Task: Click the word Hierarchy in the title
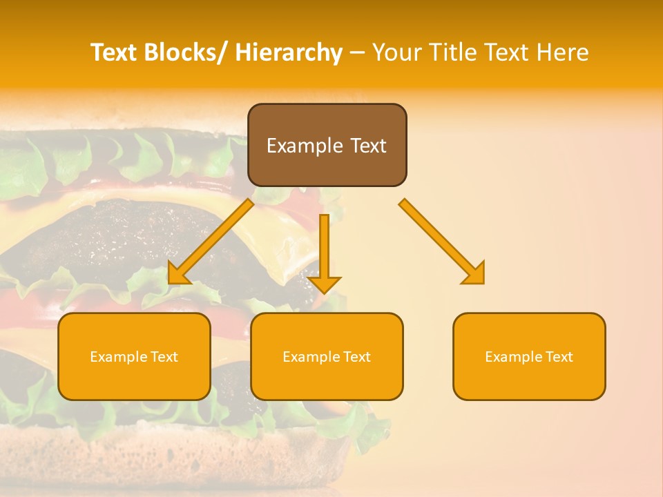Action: pos(289,52)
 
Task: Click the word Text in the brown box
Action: pos(367,146)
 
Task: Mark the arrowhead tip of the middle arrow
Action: pos(325,293)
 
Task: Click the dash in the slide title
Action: pos(357,52)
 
